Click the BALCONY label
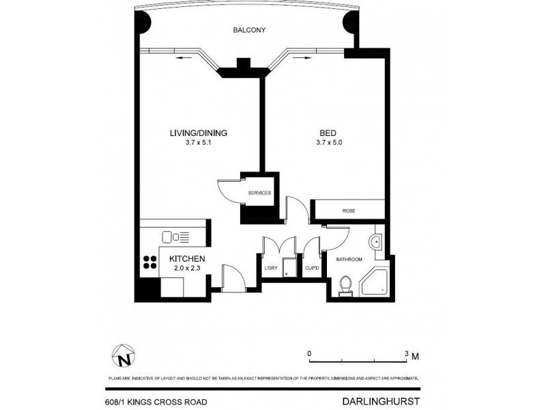(x=248, y=31)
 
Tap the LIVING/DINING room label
(x=198, y=133)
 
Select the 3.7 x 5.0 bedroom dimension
(x=328, y=143)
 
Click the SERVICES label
(x=260, y=193)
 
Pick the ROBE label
(x=349, y=210)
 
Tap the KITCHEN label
(x=187, y=259)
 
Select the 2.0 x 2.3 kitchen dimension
(x=187, y=269)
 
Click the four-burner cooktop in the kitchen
(x=149, y=263)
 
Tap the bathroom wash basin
(x=375, y=241)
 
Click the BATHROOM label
(x=349, y=260)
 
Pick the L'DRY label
(x=271, y=268)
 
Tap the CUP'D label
(x=313, y=268)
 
